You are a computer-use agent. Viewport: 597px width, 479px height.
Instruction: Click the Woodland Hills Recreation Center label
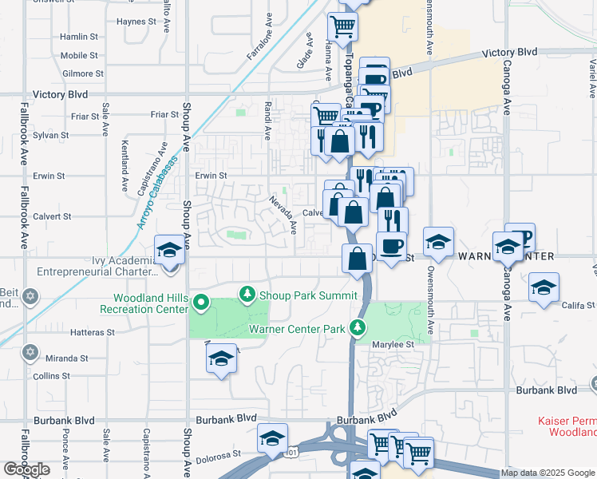[x=146, y=303]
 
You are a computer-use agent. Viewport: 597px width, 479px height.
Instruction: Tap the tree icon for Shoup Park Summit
[x=247, y=295]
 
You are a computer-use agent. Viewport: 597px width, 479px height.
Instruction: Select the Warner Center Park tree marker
[x=359, y=328]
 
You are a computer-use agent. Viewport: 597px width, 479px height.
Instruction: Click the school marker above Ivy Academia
[x=170, y=251]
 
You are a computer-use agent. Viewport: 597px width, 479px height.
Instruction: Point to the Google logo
[x=26, y=469]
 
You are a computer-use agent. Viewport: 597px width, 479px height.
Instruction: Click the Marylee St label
[x=394, y=344]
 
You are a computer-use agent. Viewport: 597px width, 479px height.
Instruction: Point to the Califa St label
[x=579, y=306]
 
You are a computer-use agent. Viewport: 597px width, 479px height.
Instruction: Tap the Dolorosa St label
[x=220, y=461]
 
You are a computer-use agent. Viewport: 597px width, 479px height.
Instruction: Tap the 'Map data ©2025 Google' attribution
[x=548, y=473]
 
